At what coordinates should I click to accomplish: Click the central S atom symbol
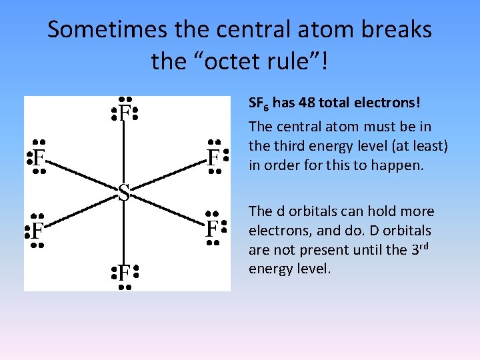pyautogui.click(x=123, y=193)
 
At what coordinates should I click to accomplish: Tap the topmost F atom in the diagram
pyautogui.click(x=124, y=114)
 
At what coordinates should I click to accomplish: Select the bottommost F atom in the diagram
pyautogui.click(x=124, y=272)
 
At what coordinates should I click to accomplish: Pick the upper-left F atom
pyautogui.click(x=39, y=159)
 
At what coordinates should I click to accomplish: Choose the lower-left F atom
pyautogui.click(x=37, y=231)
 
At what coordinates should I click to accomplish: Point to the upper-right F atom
pyautogui.click(x=213, y=158)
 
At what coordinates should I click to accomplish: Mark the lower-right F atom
pyautogui.click(x=212, y=229)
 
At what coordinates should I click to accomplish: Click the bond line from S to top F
pyautogui.click(x=124, y=153)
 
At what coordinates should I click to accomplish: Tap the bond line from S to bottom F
pyautogui.click(x=124, y=233)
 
